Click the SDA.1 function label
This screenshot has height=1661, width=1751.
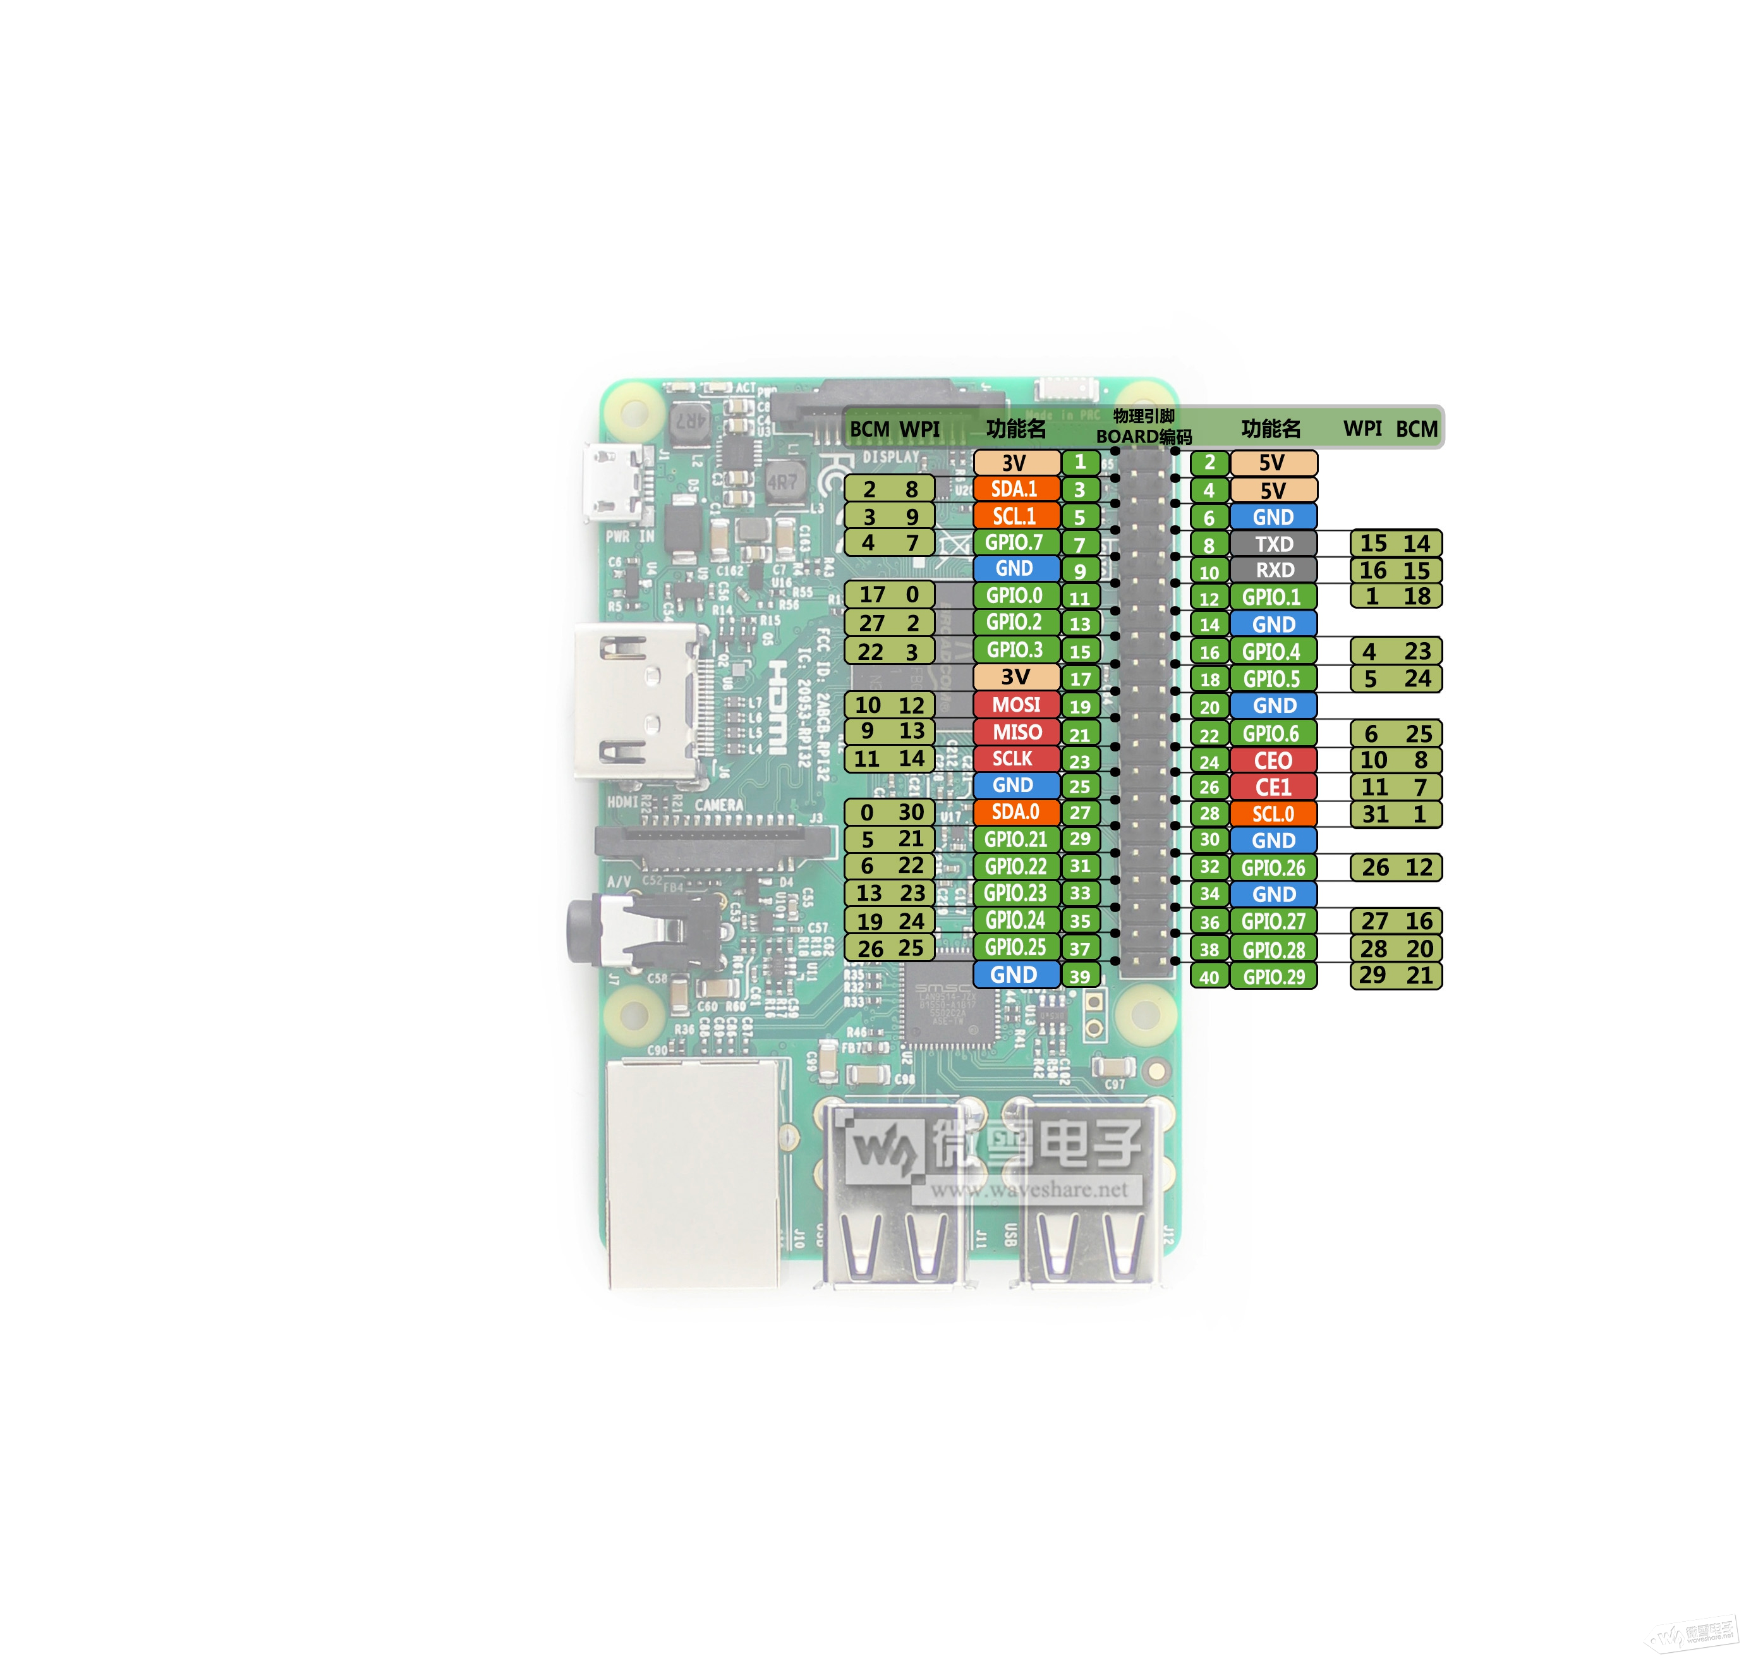[1015, 489]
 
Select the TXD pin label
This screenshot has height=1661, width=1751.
[1273, 544]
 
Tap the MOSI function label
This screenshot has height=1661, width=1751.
[1015, 705]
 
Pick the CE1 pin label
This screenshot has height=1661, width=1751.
[1273, 787]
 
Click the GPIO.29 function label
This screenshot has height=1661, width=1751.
[1273, 977]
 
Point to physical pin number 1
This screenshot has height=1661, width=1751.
[1080, 462]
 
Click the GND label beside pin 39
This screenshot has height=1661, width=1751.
[1015, 975]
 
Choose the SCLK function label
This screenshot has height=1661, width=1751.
[1015, 759]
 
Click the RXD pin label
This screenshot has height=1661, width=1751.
[1273, 570]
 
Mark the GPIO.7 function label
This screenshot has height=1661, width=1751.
[1015, 542]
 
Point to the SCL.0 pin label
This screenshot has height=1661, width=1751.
[1273, 813]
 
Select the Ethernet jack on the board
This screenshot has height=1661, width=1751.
[693, 1173]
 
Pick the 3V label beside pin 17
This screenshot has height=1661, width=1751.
[1015, 678]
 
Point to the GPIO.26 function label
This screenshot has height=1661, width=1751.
[1273, 868]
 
